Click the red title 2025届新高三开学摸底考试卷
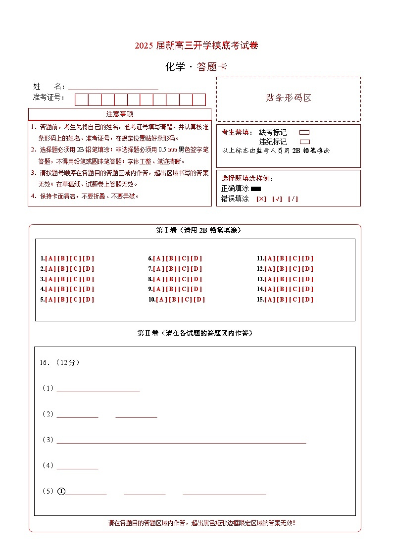point(196,46)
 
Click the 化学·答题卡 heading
point(196,67)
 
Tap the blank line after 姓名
point(113,87)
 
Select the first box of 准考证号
point(81,100)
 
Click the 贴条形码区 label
point(289,98)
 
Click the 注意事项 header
point(119,114)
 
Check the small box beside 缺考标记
point(304,133)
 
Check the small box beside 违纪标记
point(304,142)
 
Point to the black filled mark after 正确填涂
point(256,189)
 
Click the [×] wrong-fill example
point(261,199)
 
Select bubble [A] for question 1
point(50,258)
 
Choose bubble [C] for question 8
point(184,279)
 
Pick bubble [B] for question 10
point(174,300)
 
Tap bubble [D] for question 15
point(308,300)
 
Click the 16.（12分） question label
point(59,362)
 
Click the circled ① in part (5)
point(61,492)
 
